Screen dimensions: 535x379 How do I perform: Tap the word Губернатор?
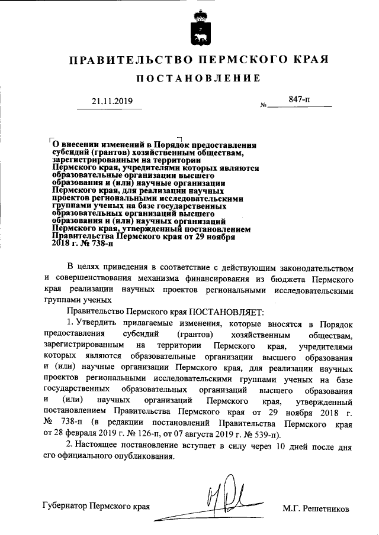pos(65,507)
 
